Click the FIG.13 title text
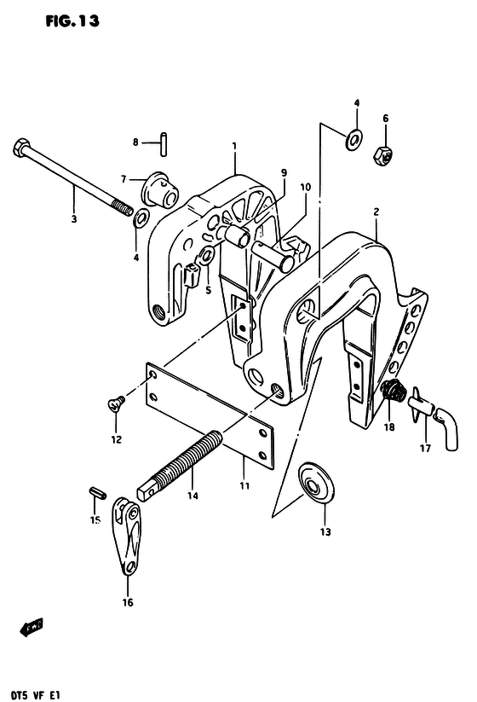click(x=72, y=21)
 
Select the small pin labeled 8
click(x=164, y=143)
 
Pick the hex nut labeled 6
click(x=382, y=155)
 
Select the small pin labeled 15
click(x=97, y=492)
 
